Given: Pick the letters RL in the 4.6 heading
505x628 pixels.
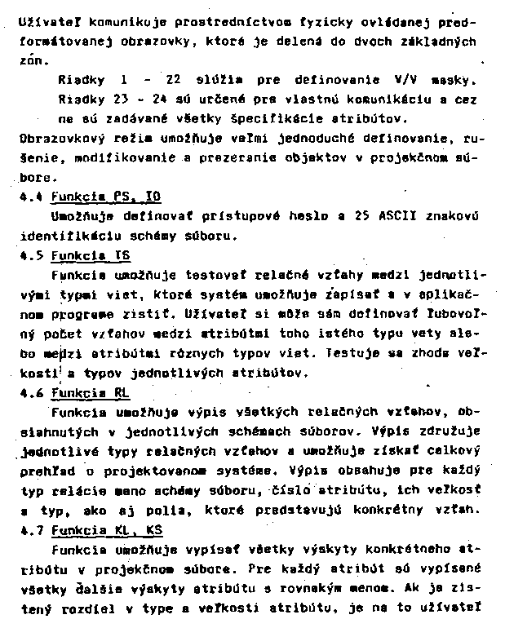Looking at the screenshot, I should click(122, 392).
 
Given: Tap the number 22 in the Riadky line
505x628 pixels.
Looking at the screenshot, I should click(171, 80).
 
